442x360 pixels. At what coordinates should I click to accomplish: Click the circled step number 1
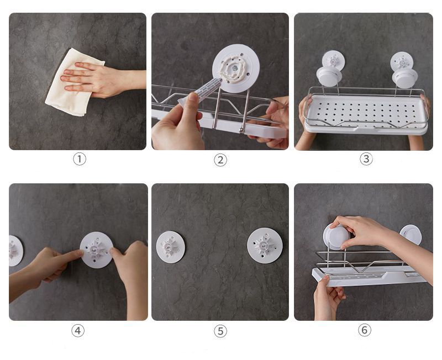(80, 159)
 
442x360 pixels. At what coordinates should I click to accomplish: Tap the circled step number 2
(220, 160)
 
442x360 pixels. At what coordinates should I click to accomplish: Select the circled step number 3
(366, 159)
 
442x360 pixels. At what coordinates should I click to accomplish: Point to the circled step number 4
(78, 330)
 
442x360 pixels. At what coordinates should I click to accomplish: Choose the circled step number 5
(220, 331)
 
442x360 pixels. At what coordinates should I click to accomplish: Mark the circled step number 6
(365, 330)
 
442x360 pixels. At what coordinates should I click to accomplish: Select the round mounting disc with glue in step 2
(236, 68)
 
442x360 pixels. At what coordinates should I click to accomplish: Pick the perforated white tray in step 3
(366, 113)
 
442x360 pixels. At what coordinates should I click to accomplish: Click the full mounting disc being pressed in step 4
(96, 250)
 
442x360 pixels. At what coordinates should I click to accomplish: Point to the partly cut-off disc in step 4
(15, 251)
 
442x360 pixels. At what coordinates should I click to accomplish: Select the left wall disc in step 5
(171, 247)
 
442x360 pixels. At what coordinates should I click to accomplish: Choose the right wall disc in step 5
(265, 246)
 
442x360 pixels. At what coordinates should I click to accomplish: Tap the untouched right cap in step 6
(411, 235)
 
